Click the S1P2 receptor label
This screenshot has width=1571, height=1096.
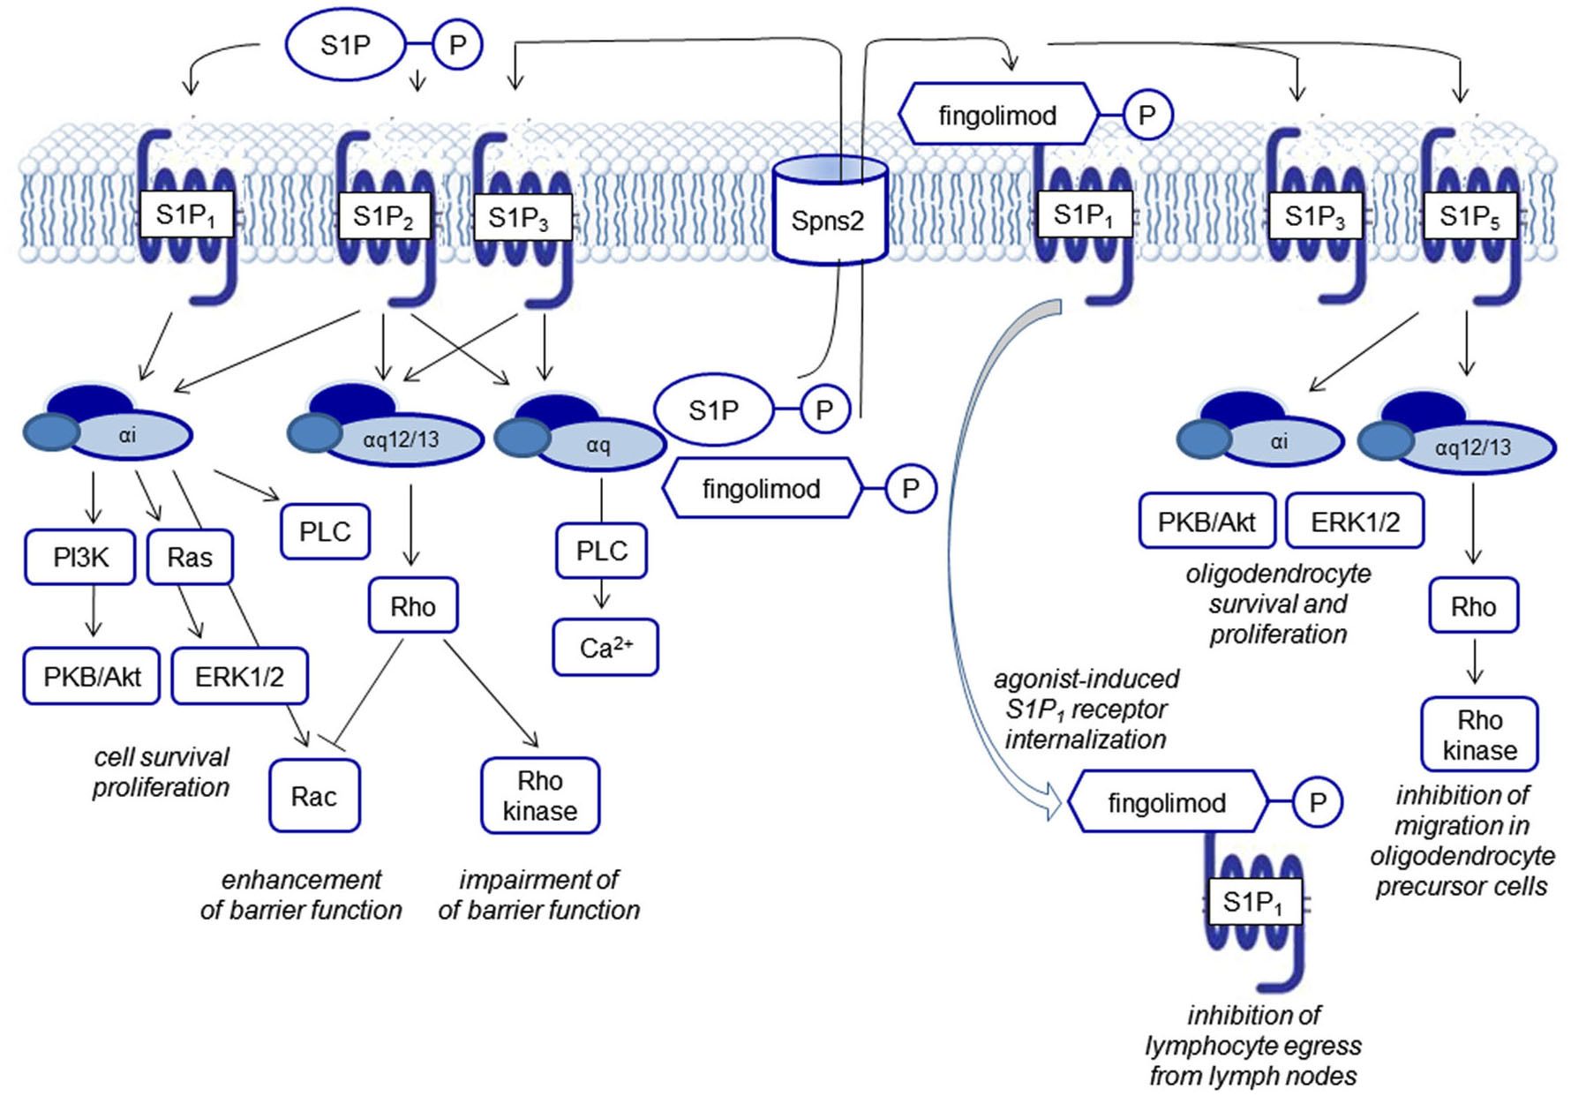(383, 216)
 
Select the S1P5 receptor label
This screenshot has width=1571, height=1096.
(1470, 216)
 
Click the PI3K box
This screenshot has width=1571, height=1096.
(80, 557)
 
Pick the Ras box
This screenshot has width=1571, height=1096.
(190, 557)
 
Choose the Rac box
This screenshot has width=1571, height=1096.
(314, 797)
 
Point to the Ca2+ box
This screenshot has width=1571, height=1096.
(605, 648)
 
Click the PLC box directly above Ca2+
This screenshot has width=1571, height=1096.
(601, 551)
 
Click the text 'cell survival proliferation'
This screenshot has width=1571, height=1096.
(161, 772)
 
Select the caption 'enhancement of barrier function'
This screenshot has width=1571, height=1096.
(300, 895)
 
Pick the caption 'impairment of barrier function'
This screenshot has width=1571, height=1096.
(538, 895)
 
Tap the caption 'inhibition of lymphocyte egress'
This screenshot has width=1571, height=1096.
(1253, 1046)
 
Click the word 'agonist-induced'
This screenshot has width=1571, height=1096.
(1086, 679)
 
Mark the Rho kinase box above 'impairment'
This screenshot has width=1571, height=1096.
(540, 796)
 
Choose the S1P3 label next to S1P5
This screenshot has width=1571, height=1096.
(1315, 216)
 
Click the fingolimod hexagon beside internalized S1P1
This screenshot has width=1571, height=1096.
(1167, 802)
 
